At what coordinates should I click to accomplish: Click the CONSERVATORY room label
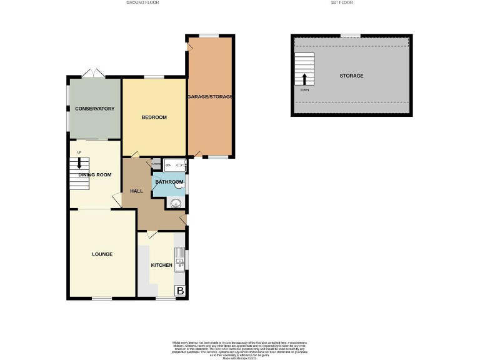pos(95,109)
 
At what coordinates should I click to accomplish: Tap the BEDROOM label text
pos(154,117)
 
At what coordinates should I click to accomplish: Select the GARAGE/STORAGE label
pos(210,97)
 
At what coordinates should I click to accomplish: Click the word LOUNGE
pos(102,254)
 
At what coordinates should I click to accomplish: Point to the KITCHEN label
pos(162,265)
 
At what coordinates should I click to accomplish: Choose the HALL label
pos(137,191)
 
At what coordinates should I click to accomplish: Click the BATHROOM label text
pos(169,182)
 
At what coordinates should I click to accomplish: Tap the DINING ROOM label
pos(95,175)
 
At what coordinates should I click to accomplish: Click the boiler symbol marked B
pos(180,291)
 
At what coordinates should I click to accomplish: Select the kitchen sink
pos(179,258)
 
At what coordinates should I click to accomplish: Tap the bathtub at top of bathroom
pos(174,166)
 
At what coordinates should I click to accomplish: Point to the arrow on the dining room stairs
pos(79,164)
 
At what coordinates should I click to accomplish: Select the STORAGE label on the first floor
pos(351,76)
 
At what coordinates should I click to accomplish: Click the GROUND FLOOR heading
pos(142,3)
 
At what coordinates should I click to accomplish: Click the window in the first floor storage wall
pos(350,35)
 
